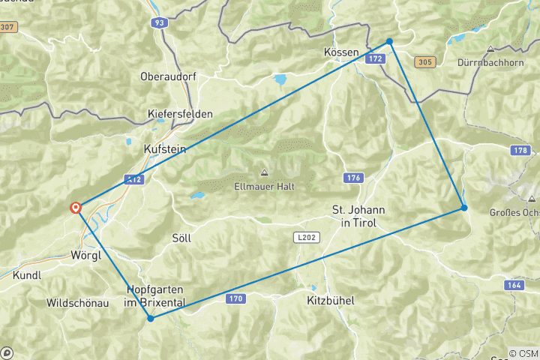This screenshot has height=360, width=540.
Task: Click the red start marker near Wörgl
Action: (x=76, y=208)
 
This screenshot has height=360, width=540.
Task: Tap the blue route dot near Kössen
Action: (x=389, y=41)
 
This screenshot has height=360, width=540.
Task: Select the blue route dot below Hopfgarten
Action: (x=151, y=318)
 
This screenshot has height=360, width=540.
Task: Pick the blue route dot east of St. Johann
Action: (x=464, y=208)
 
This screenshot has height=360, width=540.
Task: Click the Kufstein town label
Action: (x=164, y=149)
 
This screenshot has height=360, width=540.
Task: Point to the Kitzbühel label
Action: (x=330, y=300)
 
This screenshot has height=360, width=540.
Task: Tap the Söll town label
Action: (x=181, y=238)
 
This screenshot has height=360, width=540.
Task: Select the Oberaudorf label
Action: (x=166, y=76)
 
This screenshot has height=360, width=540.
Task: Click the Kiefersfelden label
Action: (x=180, y=114)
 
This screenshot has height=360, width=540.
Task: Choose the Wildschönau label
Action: (x=77, y=303)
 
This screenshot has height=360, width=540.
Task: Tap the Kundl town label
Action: (x=27, y=275)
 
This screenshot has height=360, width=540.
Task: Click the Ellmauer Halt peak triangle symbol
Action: (x=264, y=172)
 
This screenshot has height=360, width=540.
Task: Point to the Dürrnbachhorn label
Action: (x=490, y=62)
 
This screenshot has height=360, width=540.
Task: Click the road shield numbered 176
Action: (x=355, y=178)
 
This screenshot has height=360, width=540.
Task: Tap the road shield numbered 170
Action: (x=235, y=299)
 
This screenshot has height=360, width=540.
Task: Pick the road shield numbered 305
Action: (x=423, y=62)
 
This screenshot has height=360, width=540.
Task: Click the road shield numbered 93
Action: (x=158, y=23)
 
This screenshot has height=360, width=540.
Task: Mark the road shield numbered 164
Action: (x=514, y=285)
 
